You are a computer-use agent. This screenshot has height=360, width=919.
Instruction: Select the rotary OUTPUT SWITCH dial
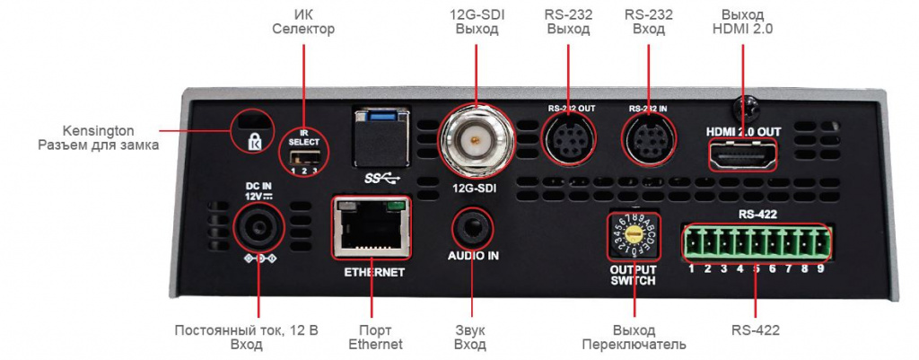[634, 235]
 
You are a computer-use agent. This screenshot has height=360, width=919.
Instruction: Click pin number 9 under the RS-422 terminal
[819, 268]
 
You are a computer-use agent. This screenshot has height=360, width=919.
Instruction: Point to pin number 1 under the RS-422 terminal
[692, 268]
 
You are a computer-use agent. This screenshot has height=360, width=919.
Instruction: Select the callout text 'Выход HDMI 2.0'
[743, 22]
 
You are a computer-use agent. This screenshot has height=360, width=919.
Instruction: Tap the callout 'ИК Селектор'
[302, 22]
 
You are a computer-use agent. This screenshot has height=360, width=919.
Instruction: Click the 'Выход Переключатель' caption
[634, 338]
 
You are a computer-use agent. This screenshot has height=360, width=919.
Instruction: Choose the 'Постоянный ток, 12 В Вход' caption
[247, 338]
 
